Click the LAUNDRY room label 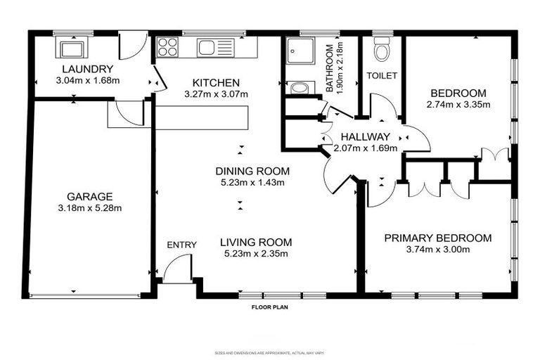pyautogui.click(x=87, y=69)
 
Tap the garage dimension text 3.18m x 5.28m pyautogui.click(x=90, y=208)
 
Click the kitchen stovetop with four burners pyautogui.click(x=167, y=47)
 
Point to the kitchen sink pyautogui.click(x=210, y=47)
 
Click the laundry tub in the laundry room pyautogui.click(x=72, y=49)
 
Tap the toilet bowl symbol pyautogui.click(x=382, y=51)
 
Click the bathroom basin pyautogui.click(x=298, y=88)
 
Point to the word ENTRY pyautogui.click(x=181, y=245)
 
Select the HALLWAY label pyautogui.click(x=365, y=137)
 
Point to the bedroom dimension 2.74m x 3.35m pyautogui.click(x=458, y=105)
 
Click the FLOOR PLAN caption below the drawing pyautogui.click(x=270, y=307)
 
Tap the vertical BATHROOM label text pyautogui.click(x=329, y=67)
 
